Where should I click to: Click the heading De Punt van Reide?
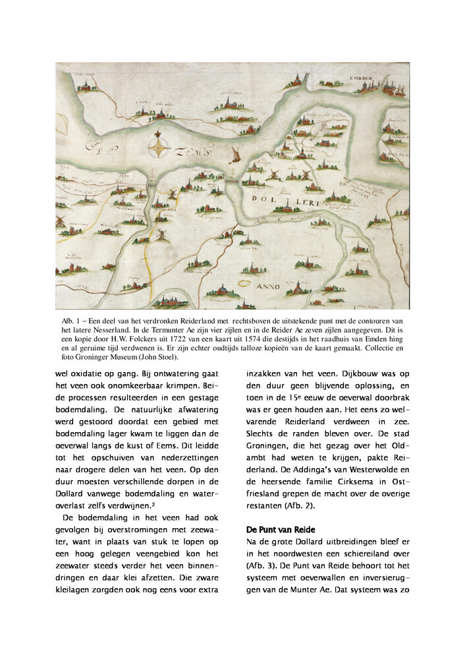point(281,529)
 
